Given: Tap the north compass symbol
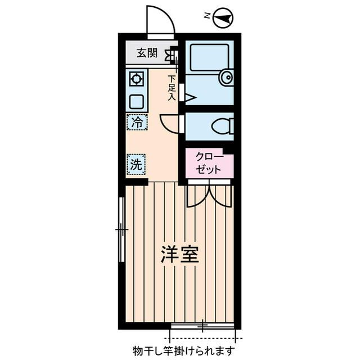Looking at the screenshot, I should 224,17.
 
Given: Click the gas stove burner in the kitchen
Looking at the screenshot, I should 137,78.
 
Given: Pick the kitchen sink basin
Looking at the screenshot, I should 137,101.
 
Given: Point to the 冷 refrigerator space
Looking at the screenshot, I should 137,121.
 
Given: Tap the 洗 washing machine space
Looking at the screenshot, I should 137,164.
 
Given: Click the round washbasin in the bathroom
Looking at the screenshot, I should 226,78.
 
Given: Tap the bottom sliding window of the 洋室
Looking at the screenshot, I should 202,326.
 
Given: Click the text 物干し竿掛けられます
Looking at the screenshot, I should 183,350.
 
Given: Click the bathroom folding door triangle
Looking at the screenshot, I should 188,98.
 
